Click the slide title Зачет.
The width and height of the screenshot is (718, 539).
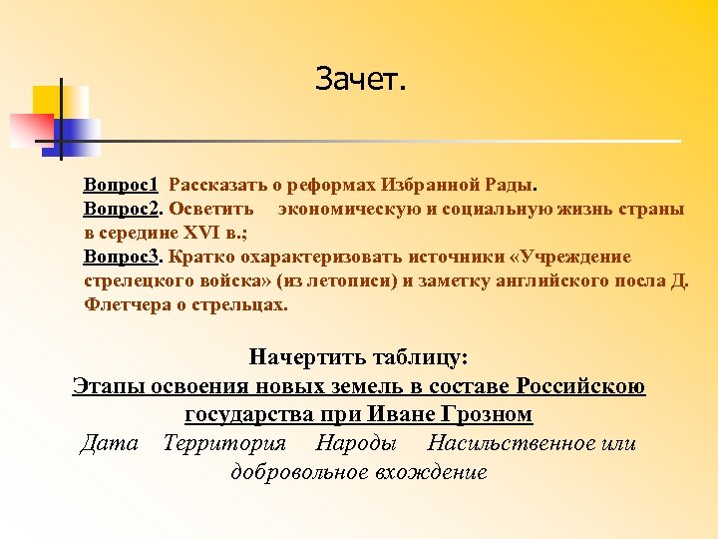(361, 78)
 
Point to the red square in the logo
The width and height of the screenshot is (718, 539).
(30, 129)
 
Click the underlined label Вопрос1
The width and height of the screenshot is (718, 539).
(123, 186)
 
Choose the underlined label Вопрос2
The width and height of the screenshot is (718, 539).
(123, 210)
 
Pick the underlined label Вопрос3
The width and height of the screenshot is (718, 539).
(123, 258)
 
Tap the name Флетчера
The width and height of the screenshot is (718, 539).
(126, 305)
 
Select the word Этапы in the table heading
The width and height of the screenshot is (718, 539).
(110, 385)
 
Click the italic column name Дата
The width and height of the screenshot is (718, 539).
(110, 442)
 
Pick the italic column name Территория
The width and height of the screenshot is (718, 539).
(224, 442)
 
